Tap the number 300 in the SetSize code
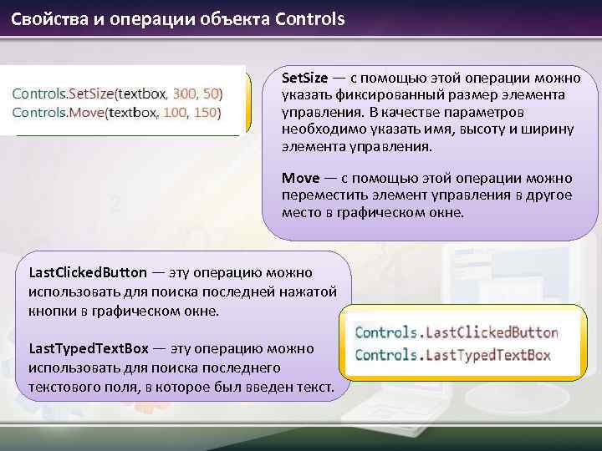[x=184, y=92]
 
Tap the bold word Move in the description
[x=300, y=178]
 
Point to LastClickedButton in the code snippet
[x=492, y=332]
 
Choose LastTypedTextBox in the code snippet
[x=488, y=355]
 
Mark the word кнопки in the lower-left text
[x=49, y=311]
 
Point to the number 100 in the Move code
[x=176, y=111]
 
